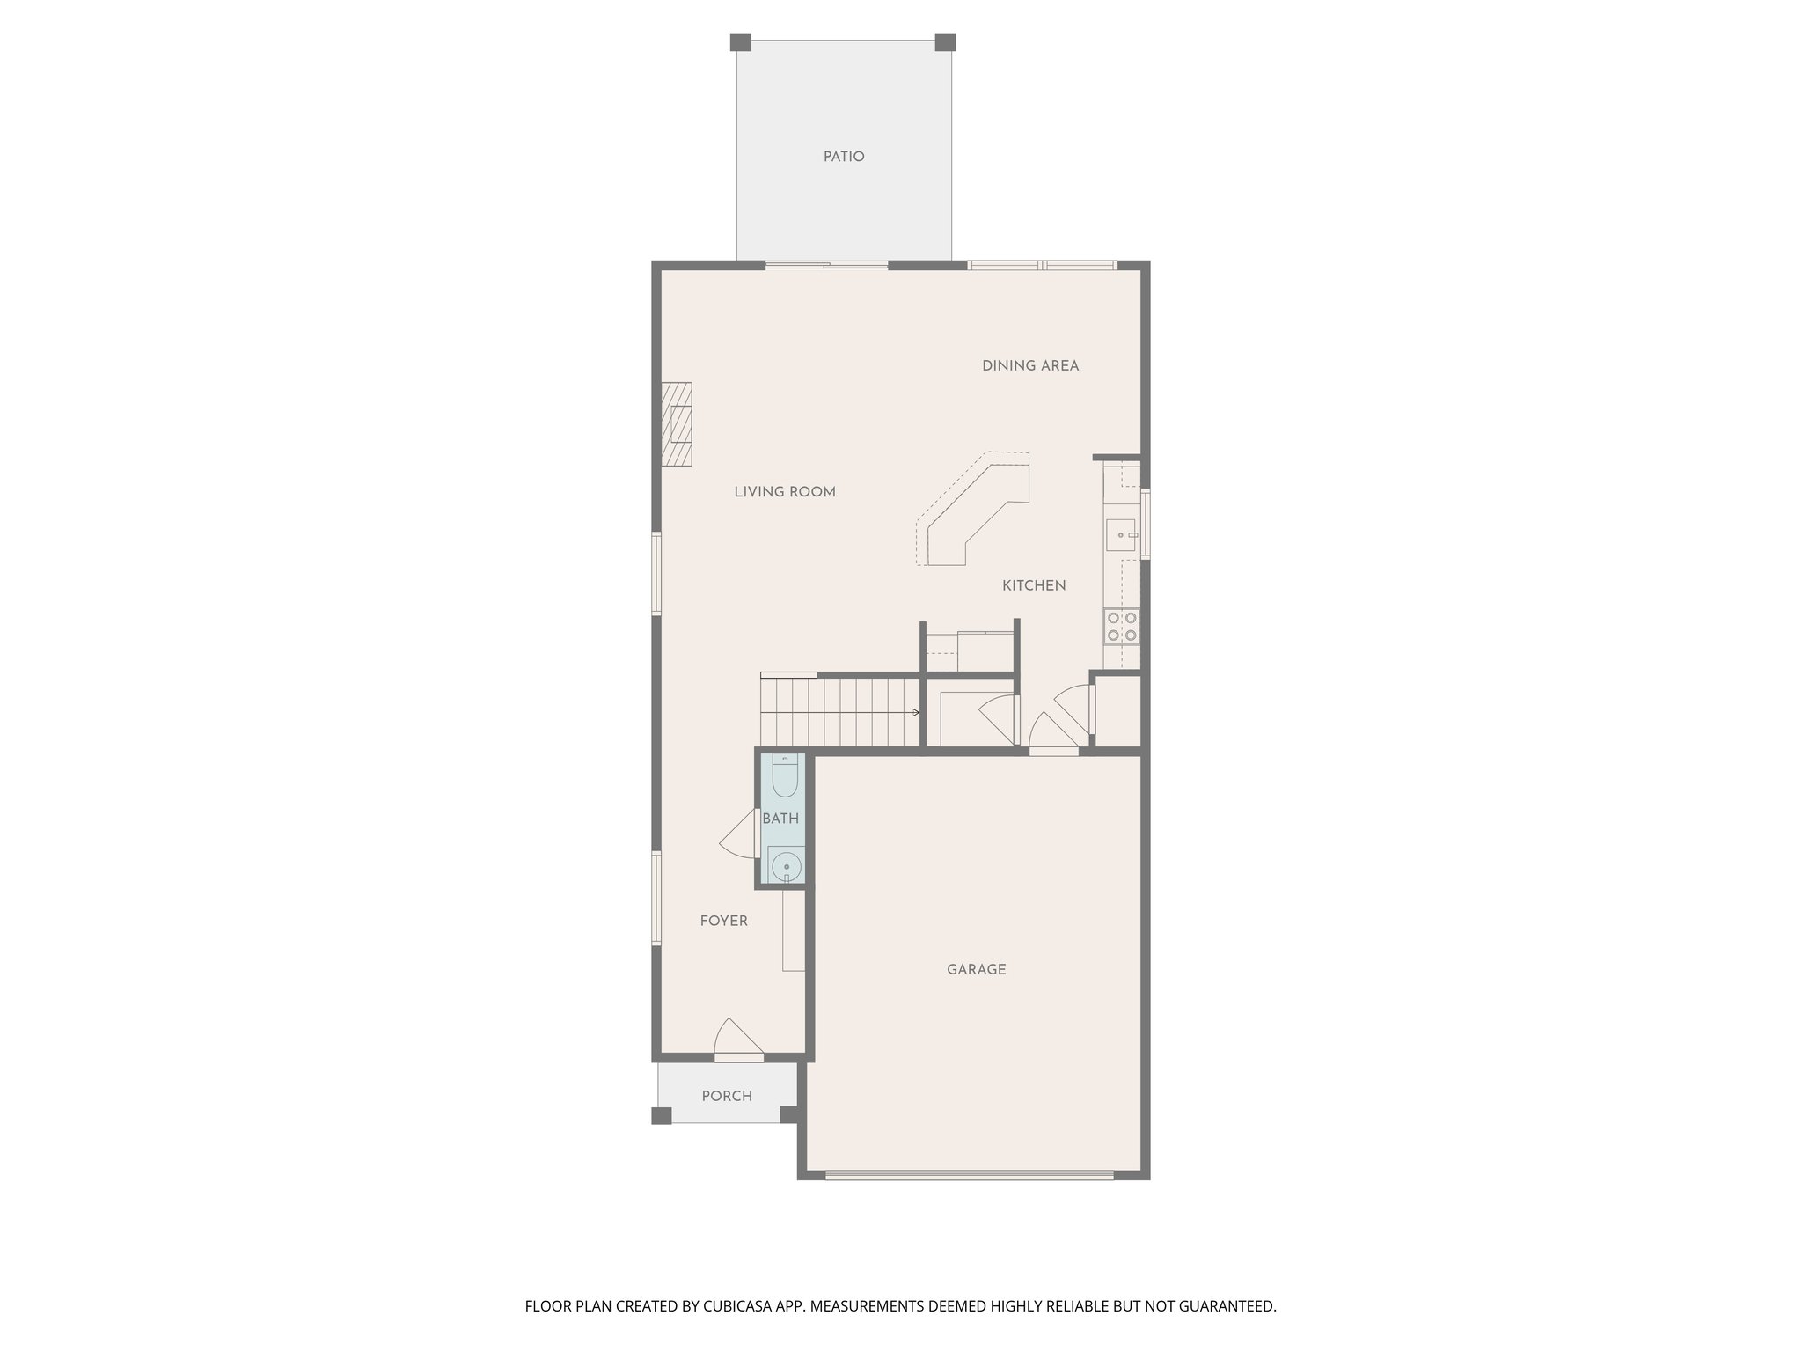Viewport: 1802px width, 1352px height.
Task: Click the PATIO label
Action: [x=844, y=157]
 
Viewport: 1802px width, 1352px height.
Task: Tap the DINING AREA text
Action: [x=1030, y=365]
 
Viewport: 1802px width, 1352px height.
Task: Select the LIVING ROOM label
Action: [x=785, y=492]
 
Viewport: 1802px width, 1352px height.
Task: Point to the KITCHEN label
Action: [x=1034, y=585]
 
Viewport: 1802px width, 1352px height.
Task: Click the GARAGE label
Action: [x=976, y=969]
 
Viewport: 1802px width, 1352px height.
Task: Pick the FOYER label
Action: [x=723, y=921]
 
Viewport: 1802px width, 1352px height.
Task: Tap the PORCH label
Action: [x=727, y=1096]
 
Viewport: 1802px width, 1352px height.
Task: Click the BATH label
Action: [x=780, y=819]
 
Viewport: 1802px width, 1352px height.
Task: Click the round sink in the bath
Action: [x=784, y=866]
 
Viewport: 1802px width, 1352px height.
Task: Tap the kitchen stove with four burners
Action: [x=1122, y=626]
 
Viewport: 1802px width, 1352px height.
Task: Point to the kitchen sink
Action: [x=1121, y=534]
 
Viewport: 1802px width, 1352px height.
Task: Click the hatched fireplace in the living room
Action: [x=677, y=423]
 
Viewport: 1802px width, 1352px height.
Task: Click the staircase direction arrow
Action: [x=915, y=712]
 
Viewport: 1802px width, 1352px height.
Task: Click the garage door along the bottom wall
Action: [x=969, y=1174]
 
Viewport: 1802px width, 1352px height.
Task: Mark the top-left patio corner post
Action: [x=741, y=42]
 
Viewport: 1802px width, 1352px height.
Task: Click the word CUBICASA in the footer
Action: [x=733, y=1306]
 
